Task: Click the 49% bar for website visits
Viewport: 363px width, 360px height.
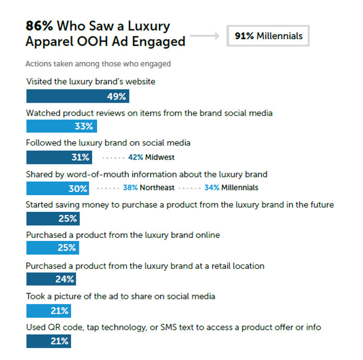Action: [77, 97]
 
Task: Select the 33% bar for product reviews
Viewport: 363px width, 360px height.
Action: [61, 126]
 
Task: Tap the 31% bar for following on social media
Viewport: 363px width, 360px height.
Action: [59, 157]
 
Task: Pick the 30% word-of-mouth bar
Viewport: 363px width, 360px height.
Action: [57, 188]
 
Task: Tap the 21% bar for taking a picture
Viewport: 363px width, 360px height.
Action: [49, 311]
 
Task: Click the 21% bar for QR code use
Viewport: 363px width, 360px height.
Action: [49, 341]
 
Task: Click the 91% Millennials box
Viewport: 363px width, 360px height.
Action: [268, 36]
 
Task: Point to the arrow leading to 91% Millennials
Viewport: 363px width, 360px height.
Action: [205, 37]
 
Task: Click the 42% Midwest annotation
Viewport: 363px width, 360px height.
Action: [151, 157]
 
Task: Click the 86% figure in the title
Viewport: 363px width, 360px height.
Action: [40, 26]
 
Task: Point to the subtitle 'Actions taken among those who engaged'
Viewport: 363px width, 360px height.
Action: [98, 64]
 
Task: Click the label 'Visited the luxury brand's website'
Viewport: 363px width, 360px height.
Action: [91, 81]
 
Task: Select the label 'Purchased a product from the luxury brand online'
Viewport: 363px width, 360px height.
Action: [123, 235]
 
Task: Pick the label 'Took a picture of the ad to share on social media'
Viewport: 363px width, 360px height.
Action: [121, 296]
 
